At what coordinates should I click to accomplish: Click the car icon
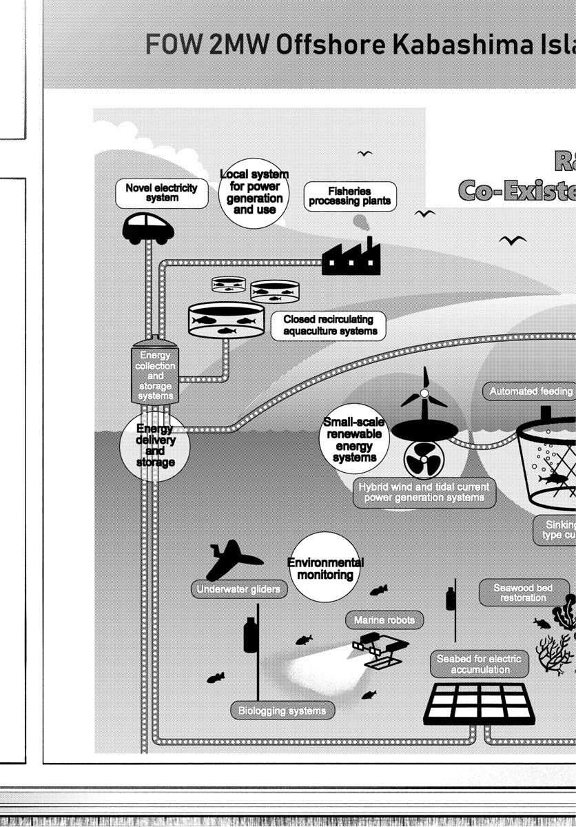(x=148, y=228)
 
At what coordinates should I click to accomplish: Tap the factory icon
(x=351, y=258)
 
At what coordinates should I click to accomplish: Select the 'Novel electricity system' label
(x=161, y=193)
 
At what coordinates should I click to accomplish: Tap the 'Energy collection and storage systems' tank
(x=155, y=374)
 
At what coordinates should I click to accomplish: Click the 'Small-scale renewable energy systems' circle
(x=354, y=440)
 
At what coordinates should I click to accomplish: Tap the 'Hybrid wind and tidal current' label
(x=424, y=492)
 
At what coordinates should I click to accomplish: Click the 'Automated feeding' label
(x=531, y=391)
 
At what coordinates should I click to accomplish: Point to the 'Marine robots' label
(x=375, y=620)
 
